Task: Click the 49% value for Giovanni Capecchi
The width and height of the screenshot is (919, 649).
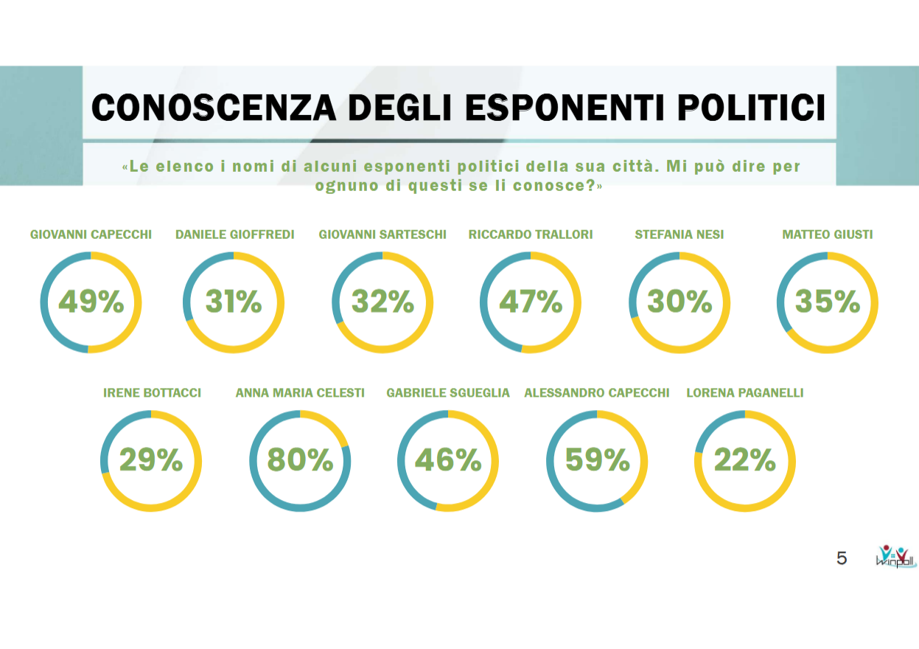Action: click(x=91, y=302)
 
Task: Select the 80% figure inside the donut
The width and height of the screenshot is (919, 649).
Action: click(x=300, y=460)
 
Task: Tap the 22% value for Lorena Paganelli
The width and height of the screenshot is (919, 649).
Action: click(x=745, y=460)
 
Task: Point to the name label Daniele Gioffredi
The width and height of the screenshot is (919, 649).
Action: click(x=234, y=235)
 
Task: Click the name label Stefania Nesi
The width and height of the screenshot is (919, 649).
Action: click(x=679, y=235)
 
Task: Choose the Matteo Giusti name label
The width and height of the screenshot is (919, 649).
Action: click(x=827, y=235)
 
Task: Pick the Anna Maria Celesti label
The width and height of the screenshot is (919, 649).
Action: click(x=300, y=393)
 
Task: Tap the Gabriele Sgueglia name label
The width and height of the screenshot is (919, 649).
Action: click(x=448, y=393)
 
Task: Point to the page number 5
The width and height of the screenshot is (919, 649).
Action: click(x=842, y=558)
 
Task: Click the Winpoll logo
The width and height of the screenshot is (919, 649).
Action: click(x=895, y=556)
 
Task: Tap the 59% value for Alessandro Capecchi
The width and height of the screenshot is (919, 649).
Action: click(x=597, y=460)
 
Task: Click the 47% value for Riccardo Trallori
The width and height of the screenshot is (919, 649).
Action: click(x=531, y=302)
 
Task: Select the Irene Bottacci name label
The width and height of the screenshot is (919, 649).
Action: click(x=152, y=393)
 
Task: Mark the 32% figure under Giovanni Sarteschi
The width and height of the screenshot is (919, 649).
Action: click(x=382, y=302)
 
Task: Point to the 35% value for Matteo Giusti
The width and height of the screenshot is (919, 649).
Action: click(x=828, y=302)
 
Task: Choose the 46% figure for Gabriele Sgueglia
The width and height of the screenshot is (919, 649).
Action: click(x=448, y=460)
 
